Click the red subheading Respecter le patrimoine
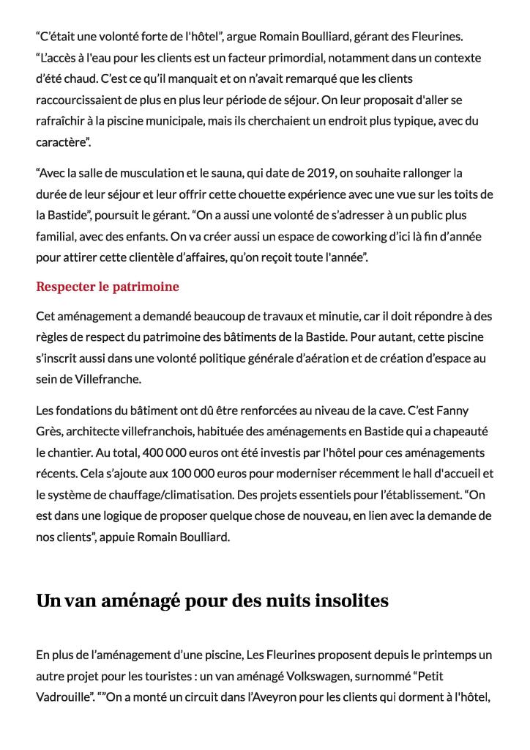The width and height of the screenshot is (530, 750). pyautogui.click(x=107, y=287)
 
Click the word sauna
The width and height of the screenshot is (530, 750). pyautogui.click(x=212, y=174)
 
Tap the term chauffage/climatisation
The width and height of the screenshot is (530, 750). pyautogui.click(x=165, y=495)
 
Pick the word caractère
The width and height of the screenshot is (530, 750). pyautogui.click(x=62, y=141)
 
